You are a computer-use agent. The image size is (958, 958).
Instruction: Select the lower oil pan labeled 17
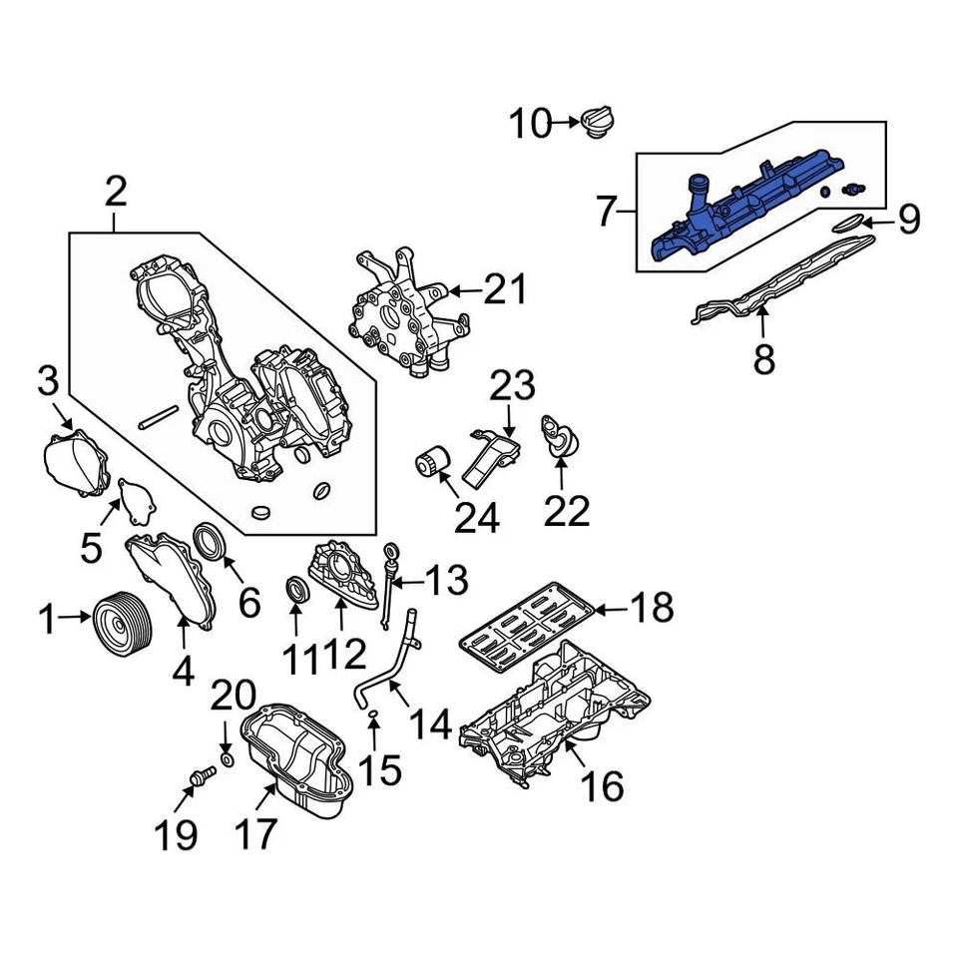click(x=299, y=763)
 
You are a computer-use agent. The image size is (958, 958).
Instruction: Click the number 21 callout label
click(x=503, y=290)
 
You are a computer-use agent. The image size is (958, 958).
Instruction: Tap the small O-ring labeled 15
click(x=371, y=715)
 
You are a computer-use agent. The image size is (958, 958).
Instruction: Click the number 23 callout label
click(x=512, y=387)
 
